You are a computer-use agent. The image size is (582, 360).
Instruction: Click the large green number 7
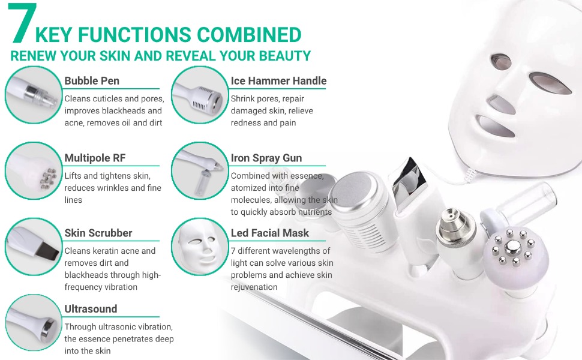pos(23,24)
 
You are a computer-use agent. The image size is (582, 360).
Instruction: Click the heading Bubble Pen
pos(92,81)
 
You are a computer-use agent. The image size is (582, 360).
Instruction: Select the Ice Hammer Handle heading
pos(278,81)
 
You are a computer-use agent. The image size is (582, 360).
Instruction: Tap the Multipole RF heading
pos(95,158)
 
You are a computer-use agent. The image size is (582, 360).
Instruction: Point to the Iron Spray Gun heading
pos(266,158)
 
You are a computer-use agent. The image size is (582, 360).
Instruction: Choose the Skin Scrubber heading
pos(98,233)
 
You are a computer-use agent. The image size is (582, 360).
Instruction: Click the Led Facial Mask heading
pos(270,233)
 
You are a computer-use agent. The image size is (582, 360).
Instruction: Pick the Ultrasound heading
pos(91,309)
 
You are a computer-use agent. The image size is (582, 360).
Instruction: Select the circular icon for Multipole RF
pos(33,171)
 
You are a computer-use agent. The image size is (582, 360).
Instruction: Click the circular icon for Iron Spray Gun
pos(199,171)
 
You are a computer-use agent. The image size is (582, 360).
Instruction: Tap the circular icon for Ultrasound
pos(33,323)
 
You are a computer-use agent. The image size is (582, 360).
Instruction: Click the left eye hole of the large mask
pos(502,60)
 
